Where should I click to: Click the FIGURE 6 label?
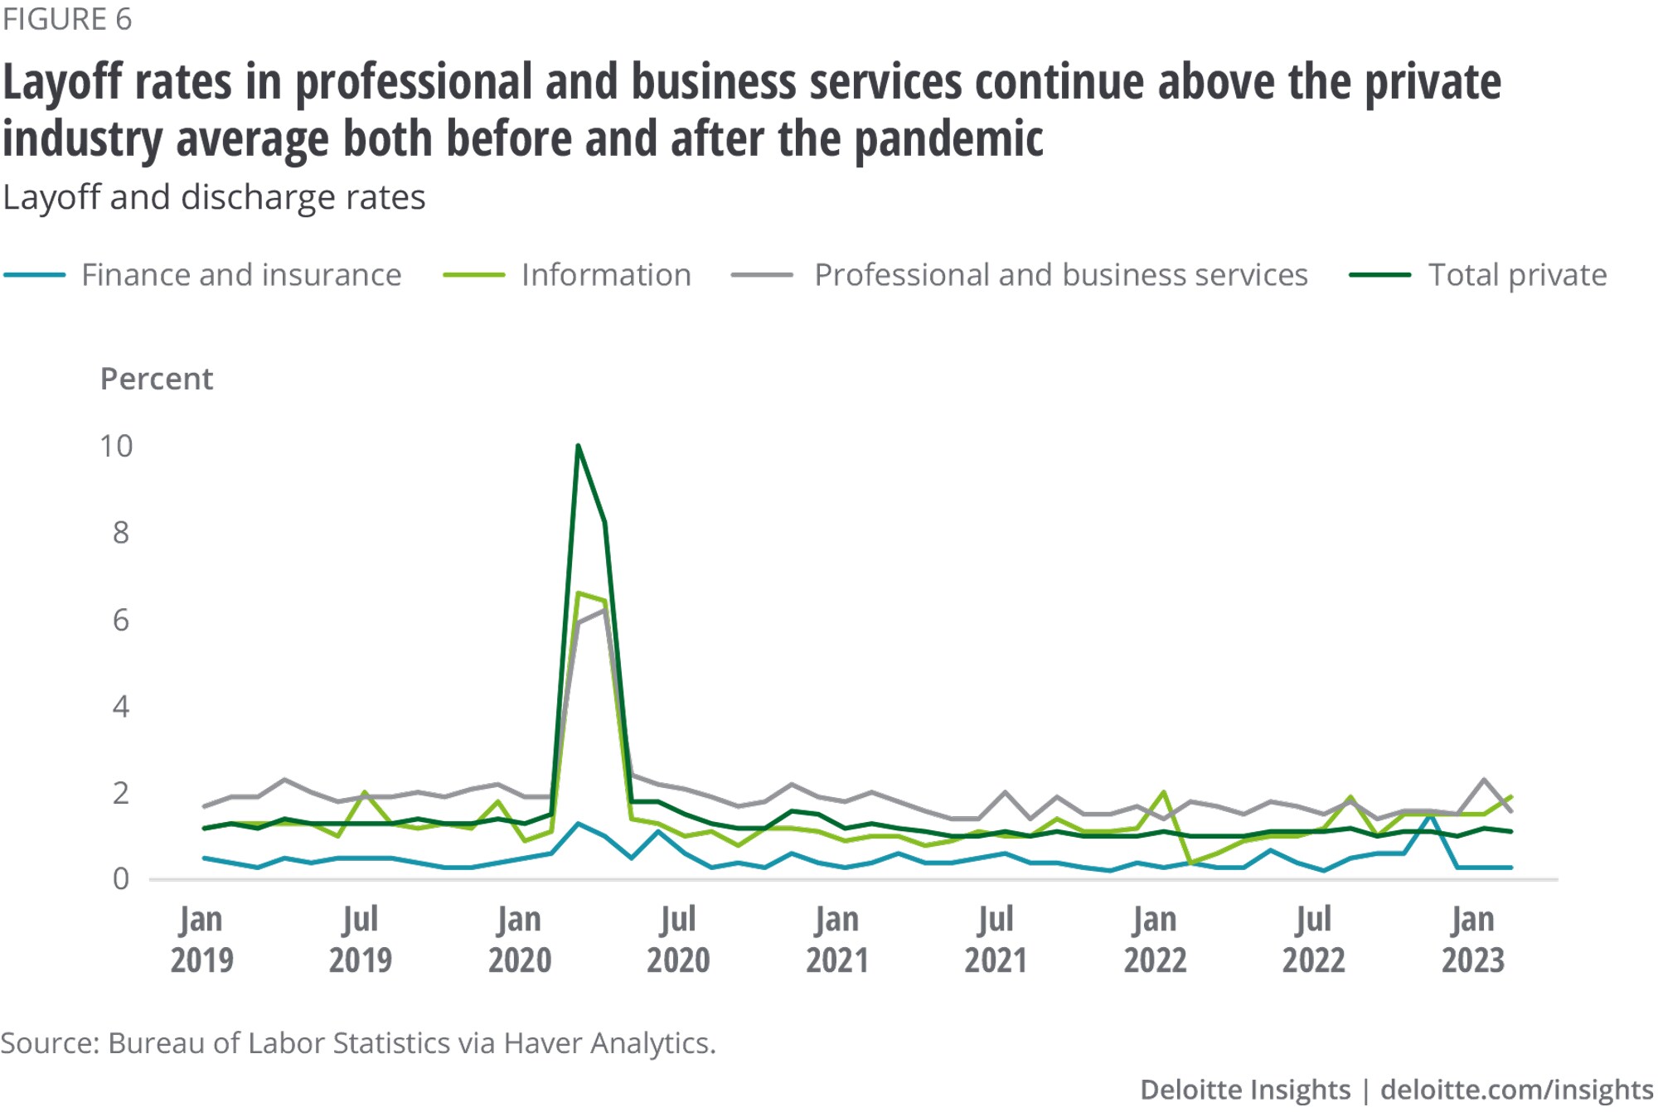pos(67,19)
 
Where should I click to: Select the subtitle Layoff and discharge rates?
pos(214,198)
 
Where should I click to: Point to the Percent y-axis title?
pos(157,379)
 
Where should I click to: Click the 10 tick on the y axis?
pos(116,447)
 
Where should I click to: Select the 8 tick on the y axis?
pos(121,533)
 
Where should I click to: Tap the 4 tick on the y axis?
pos(121,707)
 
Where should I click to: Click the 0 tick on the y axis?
pos(121,879)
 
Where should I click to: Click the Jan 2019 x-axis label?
pos(201,940)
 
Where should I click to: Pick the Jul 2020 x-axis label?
pos(678,940)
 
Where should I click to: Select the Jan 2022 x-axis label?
pos(1155,940)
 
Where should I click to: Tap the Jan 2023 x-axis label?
pos(1472,940)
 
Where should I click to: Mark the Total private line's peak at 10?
pos(578,447)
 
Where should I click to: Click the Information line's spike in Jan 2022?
pos(1165,792)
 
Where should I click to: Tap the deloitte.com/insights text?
pos(1516,1090)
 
